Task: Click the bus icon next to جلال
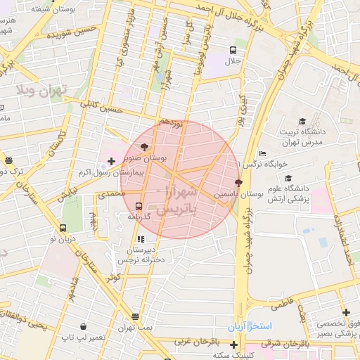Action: point(233,50)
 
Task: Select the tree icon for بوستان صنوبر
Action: point(145,147)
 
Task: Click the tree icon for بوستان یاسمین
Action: point(238,182)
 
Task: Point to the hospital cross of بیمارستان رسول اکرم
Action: point(112,162)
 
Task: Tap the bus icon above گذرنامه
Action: point(139,207)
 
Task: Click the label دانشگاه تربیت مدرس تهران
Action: point(310,137)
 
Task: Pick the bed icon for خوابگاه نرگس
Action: point(262,153)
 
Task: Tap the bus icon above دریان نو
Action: point(63,228)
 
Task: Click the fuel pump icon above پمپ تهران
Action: point(135,316)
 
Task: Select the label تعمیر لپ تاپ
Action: point(83,337)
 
